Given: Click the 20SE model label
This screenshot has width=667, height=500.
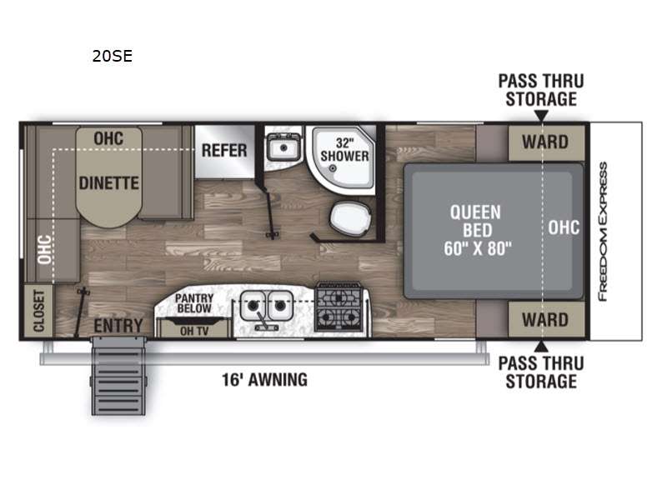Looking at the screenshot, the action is pos(113,56).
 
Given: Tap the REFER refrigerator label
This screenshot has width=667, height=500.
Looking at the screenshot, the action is pos(224,151).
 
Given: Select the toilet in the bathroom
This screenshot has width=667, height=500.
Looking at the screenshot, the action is pos(351,219).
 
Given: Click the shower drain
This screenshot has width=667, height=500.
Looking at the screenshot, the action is pos(333,168).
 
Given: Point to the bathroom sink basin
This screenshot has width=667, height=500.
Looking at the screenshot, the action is pos(283,147).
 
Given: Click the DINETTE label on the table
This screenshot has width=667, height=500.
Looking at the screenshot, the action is pos(109,183).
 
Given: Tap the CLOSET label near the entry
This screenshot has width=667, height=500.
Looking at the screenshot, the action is pos(39,311).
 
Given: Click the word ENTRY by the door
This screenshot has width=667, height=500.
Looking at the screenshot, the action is pos(118,326).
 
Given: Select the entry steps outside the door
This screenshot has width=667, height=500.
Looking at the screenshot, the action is pos(118,376).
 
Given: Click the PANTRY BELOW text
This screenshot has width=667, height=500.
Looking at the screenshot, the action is pos(194,303).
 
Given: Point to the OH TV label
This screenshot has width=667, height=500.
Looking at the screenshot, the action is pos(194,331).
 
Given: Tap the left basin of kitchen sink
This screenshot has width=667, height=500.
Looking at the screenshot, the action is pos(253,305).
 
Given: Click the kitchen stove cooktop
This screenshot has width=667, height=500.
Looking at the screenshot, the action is pos(339,307).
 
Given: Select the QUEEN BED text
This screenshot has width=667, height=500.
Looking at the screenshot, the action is pos(476,221).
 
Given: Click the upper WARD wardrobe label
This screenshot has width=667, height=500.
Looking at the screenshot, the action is pos(545,142).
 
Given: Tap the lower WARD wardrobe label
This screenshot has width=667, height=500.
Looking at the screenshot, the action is pos(545,320).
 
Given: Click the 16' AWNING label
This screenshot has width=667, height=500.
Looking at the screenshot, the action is pos(264,380).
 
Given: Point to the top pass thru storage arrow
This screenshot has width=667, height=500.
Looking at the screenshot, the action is pos(541,116).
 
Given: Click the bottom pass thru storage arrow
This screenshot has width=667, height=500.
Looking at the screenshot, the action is pos(541,346).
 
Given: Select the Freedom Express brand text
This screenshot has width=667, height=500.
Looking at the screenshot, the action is pos(602,232).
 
